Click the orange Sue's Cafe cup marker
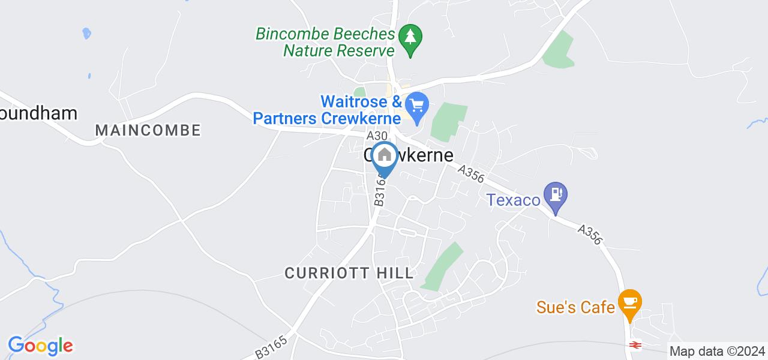tap(629, 302)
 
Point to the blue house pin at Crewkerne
tap(384, 157)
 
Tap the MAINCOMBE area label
tap(148, 130)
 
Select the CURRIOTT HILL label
tap(349, 273)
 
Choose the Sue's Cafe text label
tap(575, 308)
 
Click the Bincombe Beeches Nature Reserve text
tap(325, 42)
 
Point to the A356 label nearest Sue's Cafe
tap(590, 235)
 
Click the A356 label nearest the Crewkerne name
tap(470, 175)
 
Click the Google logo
tap(40, 346)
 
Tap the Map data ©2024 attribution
tap(718, 352)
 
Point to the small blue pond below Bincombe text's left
tap(86, 33)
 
